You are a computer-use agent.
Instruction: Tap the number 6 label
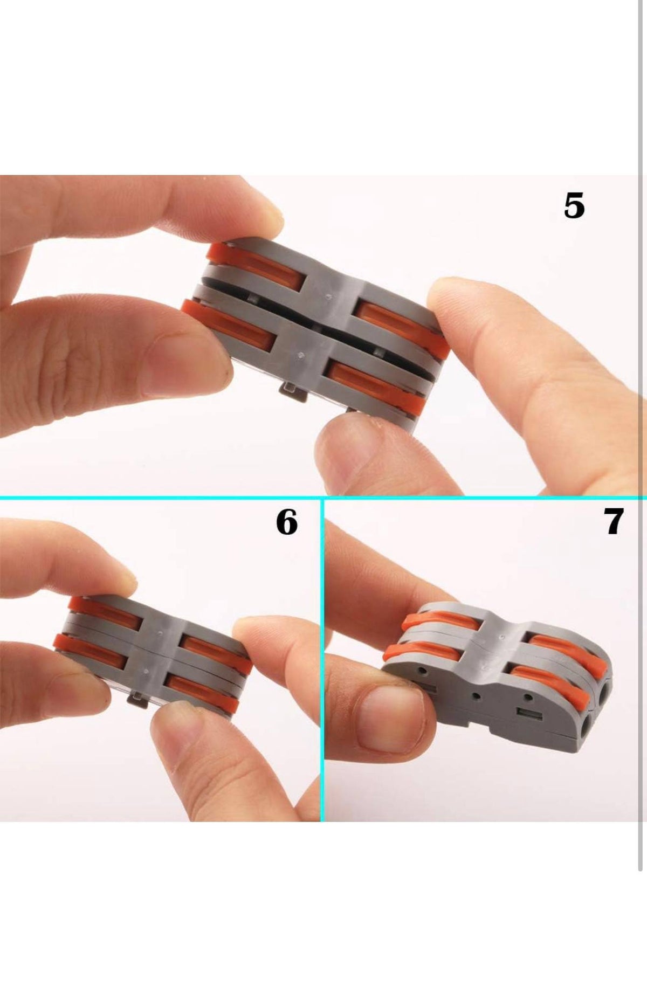286,522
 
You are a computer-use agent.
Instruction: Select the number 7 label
613,521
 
